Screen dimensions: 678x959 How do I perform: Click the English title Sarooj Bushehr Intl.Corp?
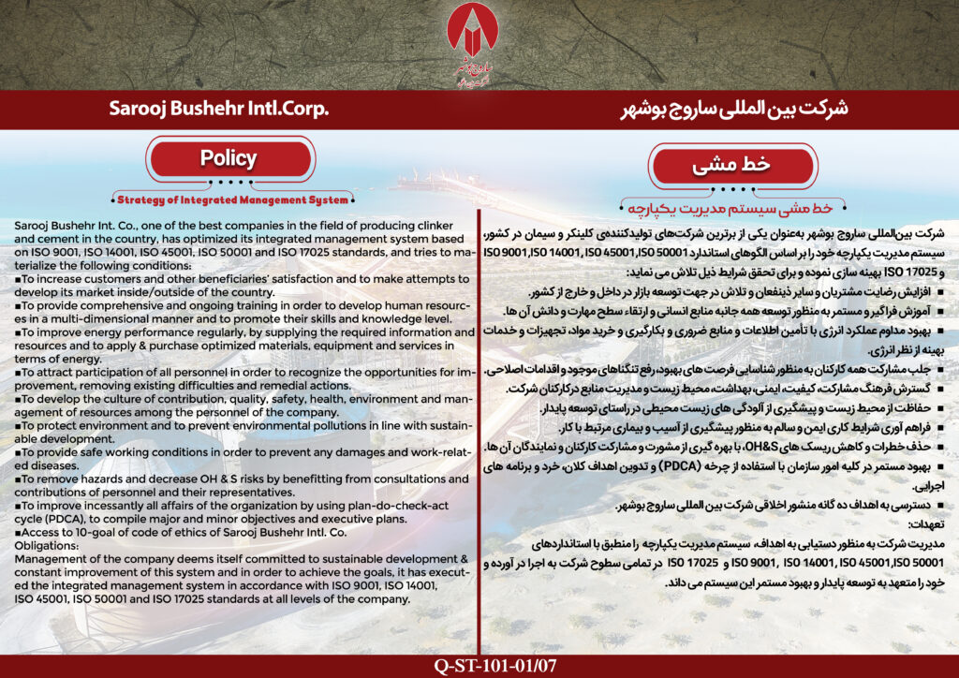(x=219, y=110)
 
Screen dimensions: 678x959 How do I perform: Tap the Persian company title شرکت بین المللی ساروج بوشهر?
(x=735, y=110)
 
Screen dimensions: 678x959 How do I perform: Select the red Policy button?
(x=229, y=158)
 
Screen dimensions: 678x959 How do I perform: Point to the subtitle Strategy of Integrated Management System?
(x=232, y=199)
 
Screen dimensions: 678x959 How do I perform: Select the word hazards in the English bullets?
(x=92, y=479)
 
